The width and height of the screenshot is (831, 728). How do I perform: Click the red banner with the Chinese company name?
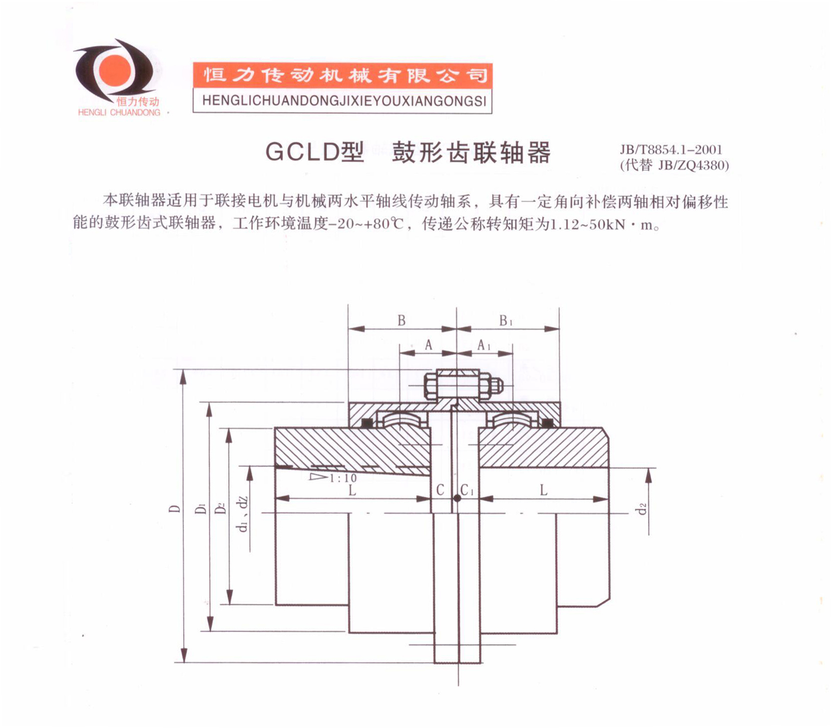[x=343, y=76]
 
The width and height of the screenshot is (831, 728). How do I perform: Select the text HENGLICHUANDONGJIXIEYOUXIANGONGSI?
[x=344, y=101]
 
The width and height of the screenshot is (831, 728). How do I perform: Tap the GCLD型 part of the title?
[x=315, y=152]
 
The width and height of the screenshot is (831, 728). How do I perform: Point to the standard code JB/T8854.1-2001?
[x=671, y=149]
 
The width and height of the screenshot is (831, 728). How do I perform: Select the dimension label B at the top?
[x=402, y=321]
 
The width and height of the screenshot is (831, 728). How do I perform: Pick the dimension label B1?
[x=505, y=321]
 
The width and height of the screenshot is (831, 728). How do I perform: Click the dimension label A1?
[x=483, y=345]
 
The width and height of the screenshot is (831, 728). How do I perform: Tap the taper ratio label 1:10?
[x=343, y=478]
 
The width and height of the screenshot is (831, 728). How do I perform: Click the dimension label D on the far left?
[x=174, y=509]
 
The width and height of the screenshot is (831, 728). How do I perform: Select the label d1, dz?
[x=243, y=514]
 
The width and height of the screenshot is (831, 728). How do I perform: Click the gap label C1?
[x=467, y=490]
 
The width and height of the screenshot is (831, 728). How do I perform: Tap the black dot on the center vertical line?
[x=457, y=498]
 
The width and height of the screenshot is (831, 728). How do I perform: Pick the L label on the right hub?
[x=543, y=490]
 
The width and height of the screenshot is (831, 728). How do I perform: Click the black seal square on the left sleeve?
[x=367, y=423]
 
